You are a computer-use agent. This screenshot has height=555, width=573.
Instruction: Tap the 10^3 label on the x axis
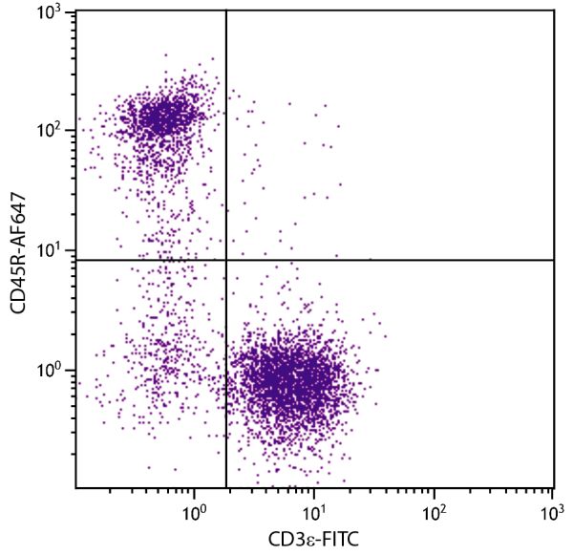pyautogui.click(x=553, y=512)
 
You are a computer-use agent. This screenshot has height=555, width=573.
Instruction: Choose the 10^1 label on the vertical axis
pyautogui.click(x=49, y=250)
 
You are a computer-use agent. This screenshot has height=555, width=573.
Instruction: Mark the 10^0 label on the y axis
pyautogui.click(x=49, y=370)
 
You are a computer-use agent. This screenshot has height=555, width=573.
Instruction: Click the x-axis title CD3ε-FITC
pyautogui.click(x=315, y=541)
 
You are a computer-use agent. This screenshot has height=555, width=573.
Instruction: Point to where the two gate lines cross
pyautogui.click(x=226, y=260)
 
